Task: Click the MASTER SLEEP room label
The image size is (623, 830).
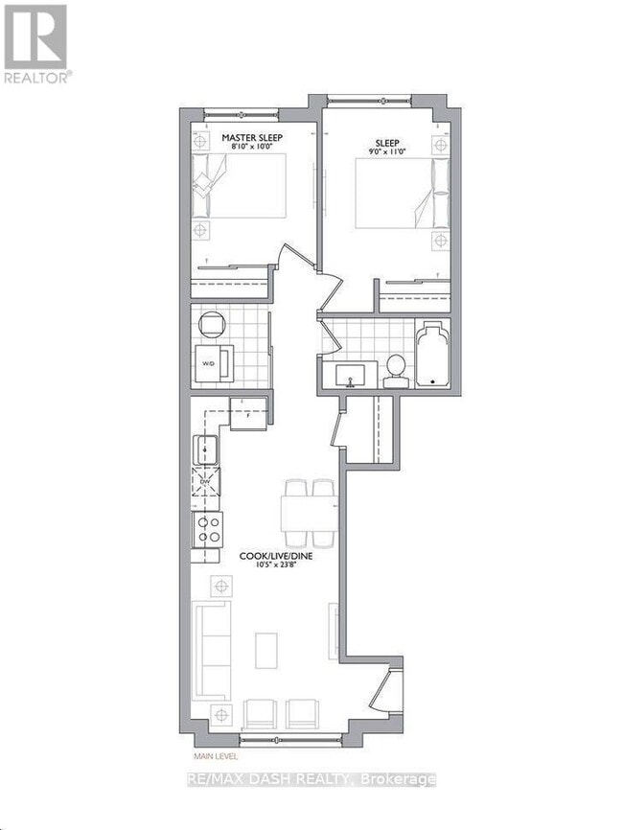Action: click(252, 138)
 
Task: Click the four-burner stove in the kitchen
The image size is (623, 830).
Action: click(207, 527)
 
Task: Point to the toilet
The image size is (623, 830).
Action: click(395, 369)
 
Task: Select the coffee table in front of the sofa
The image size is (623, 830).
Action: click(266, 649)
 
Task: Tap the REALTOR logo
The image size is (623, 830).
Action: click(35, 43)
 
